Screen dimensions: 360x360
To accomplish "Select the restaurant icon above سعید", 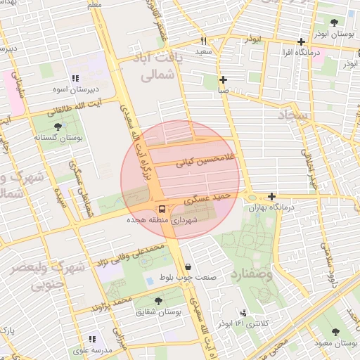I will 204,41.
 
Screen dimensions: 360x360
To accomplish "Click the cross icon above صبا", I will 223,80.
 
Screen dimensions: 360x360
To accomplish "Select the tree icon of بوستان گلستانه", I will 58,127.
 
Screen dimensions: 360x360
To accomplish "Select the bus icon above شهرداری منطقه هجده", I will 162,209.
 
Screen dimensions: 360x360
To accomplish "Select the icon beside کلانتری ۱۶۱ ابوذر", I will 243,313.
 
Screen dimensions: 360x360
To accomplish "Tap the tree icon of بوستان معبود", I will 334,331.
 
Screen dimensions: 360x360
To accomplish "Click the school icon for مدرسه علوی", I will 92,339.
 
